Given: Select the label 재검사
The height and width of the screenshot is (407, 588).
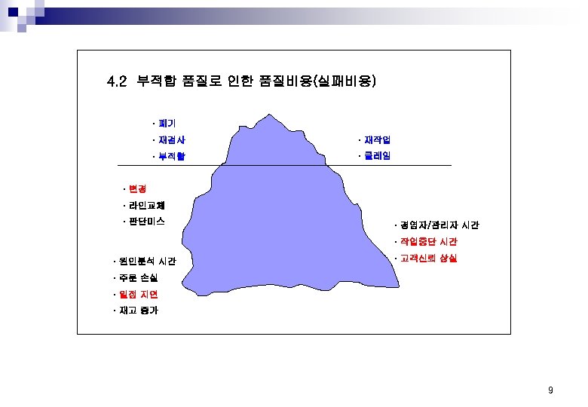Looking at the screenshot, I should pyautogui.click(x=171, y=139).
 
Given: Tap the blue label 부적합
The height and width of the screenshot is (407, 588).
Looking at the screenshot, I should pyautogui.click(x=171, y=157).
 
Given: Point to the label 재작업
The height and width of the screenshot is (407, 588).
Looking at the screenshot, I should pyautogui.click(x=376, y=139).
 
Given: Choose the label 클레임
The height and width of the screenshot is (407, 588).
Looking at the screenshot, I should pyautogui.click(x=376, y=157).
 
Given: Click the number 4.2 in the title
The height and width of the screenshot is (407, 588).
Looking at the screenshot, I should pyautogui.click(x=117, y=81).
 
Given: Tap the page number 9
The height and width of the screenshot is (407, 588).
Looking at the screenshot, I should pyautogui.click(x=550, y=390).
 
